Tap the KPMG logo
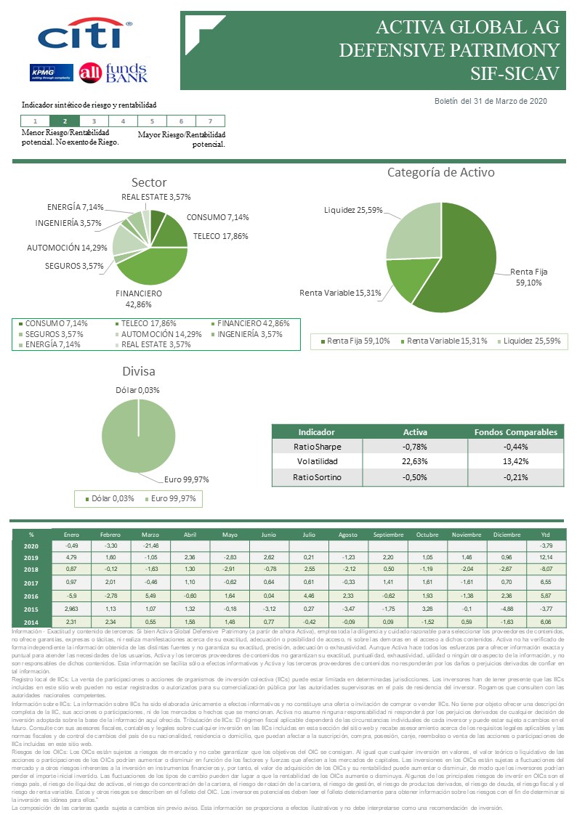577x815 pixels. (x=50, y=73)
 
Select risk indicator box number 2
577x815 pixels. (x=65, y=121)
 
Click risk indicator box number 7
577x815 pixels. (x=210, y=121)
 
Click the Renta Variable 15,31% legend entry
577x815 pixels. (x=446, y=341)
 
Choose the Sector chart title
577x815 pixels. (x=148, y=182)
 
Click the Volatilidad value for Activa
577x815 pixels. (x=415, y=461)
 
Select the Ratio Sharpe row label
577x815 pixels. (x=317, y=446)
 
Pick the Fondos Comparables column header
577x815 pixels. (x=515, y=431)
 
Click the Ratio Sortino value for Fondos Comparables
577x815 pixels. (x=515, y=477)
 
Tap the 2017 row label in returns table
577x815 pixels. (x=31, y=583)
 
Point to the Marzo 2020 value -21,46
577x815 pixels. (x=150, y=545)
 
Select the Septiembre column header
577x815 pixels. (x=388, y=534)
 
